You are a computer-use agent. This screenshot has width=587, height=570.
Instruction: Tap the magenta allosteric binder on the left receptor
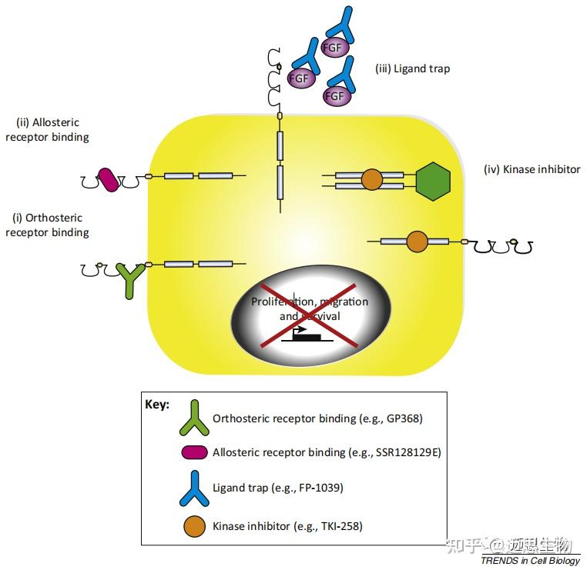tap(109, 180)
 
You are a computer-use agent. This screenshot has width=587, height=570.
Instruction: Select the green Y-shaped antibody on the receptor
tap(129, 278)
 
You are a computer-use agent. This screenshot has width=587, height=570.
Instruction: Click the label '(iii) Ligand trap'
tap(412, 68)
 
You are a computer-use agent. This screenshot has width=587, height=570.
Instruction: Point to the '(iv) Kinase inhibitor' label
tap(532, 169)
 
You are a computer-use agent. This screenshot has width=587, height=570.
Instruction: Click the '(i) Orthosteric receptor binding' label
tap(47, 225)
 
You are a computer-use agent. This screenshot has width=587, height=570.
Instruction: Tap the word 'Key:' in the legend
tap(158, 404)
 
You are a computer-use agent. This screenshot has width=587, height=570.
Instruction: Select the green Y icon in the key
tap(193, 418)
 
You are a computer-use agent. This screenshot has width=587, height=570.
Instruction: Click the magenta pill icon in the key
tap(193, 452)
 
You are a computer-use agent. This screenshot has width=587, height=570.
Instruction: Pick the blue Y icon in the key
tap(193, 488)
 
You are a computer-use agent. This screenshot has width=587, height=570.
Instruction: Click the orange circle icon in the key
tap(194, 526)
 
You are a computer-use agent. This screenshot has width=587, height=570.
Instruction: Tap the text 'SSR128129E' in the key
tap(405, 452)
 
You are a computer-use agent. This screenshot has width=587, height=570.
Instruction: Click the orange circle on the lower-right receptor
tap(417, 242)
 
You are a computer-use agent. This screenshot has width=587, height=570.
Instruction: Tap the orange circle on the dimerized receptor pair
tap(371, 180)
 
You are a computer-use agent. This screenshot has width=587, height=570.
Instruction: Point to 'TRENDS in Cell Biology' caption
tap(529, 560)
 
